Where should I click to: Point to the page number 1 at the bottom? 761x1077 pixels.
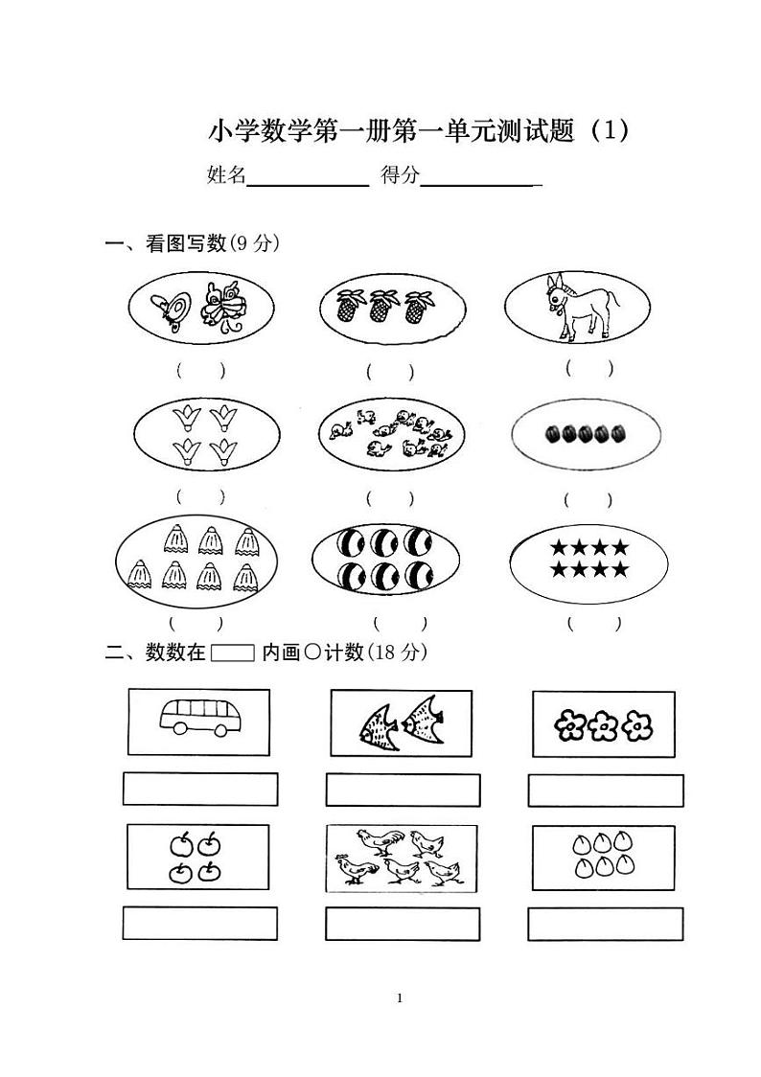[400, 998]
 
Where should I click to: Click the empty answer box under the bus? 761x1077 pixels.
[200, 789]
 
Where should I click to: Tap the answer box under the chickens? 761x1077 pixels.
[403, 924]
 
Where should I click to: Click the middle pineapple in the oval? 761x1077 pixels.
[381, 306]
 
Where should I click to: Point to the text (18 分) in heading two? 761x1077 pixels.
[398, 653]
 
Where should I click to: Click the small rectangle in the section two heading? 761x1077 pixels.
[233, 653]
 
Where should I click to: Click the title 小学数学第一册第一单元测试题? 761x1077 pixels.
[394, 130]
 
